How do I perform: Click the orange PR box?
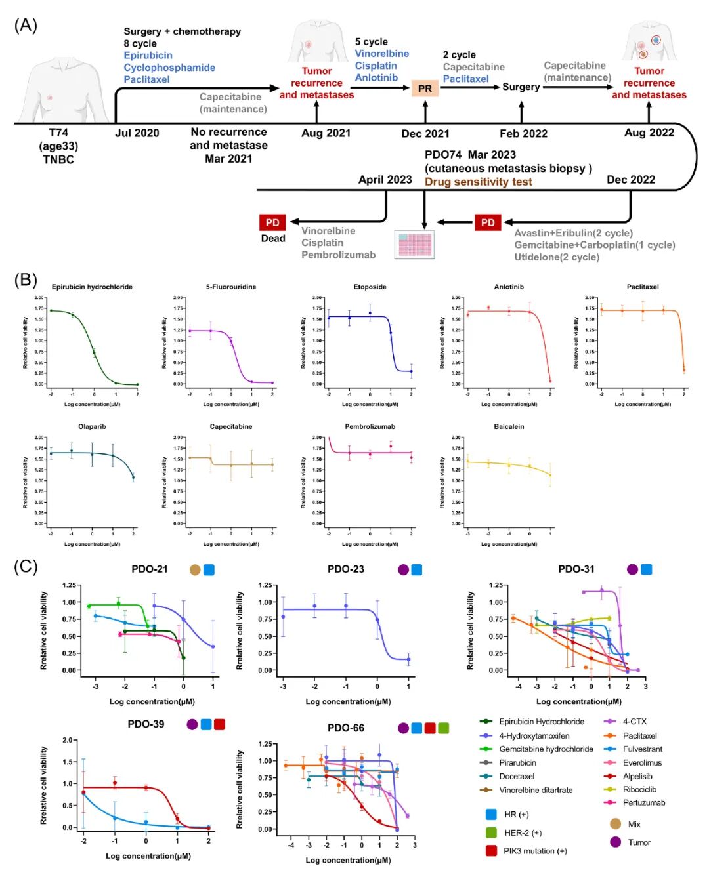tap(425, 88)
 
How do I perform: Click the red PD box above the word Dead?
tap(272, 222)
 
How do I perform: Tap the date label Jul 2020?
tap(137, 133)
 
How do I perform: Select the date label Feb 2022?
tap(523, 134)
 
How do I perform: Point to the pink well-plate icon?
tap(414, 244)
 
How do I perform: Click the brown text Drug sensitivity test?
tap(478, 182)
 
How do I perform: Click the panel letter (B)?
tap(26, 279)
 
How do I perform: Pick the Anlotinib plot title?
tap(509, 287)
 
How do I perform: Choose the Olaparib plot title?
tap(92, 426)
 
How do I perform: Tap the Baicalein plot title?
tap(509, 426)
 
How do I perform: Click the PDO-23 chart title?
tap(346, 569)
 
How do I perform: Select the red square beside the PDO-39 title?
tap(219, 724)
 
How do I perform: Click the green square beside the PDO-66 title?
tap(444, 728)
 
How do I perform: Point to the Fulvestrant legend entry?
tap(642, 749)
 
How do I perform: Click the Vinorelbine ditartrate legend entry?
tap(535, 790)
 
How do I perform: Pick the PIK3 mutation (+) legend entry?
tap(534, 851)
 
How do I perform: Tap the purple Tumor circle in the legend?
tap(615, 842)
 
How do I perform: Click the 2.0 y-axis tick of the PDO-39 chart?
tap(67, 740)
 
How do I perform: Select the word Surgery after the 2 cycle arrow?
tap(521, 87)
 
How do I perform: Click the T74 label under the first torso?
tap(58, 133)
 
